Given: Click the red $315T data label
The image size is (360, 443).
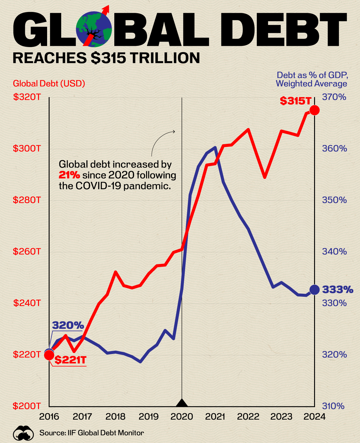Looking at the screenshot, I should (x=295, y=101).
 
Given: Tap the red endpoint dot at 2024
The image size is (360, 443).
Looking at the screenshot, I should (x=314, y=110).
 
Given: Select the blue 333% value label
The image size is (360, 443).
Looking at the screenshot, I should (x=337, y=290).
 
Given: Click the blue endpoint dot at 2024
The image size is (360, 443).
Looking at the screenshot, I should (x=314, y=290).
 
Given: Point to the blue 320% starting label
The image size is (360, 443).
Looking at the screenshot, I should (x=68, y=325).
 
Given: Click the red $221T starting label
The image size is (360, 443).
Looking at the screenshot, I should (x=70, y=360).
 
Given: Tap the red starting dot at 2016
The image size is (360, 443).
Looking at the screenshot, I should (x=49, y=355).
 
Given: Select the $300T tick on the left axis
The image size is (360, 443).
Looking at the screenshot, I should (x=27, y=148).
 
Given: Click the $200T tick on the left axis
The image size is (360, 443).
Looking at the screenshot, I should (x=27, y=406).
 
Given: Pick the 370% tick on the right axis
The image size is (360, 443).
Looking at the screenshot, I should (x=334, y=97).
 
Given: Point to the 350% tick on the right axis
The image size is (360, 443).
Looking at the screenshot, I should (x=334, y=200).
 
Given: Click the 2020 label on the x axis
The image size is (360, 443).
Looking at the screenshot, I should (x=182, y=417).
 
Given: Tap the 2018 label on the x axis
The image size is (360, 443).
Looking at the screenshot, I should (x=115, y=417).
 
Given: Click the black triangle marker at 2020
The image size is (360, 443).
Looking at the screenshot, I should (x=182, y=403).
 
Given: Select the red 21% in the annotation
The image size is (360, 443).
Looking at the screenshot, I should (x=69, y=175).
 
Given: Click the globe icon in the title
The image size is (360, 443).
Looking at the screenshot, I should (x=94, y=29).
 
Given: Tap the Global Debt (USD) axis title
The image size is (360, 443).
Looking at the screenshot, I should (x=49, y=83).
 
